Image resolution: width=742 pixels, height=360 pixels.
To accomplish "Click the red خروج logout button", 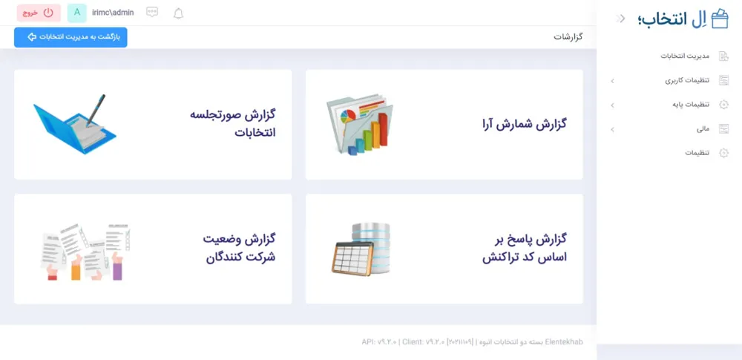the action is pos(39,13).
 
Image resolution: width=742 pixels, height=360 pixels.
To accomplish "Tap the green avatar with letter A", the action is pos(76,13).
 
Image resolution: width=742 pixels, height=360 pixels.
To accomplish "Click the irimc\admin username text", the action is pos(113,13).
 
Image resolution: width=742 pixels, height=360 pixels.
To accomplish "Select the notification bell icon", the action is pos(178,13).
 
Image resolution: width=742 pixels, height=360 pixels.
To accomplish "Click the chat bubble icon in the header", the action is pos(152,13).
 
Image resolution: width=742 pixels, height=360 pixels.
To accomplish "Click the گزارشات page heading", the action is pos(568,37).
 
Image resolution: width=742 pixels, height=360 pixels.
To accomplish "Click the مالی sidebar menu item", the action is pos(703,129).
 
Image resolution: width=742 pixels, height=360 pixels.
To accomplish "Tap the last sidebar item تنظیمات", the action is pos(697,153).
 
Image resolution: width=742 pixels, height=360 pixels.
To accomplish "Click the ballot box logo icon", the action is pos(720,19).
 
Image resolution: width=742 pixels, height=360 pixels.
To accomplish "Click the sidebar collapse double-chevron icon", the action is pos(620,19).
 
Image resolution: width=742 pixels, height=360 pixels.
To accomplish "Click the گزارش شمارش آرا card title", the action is pos(524,125).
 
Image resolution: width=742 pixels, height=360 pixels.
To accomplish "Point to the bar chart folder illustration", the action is pos(360,125).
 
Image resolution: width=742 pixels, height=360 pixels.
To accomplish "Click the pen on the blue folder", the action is pos(96,110).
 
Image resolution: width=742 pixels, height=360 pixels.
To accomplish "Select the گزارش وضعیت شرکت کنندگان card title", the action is pos(240,248).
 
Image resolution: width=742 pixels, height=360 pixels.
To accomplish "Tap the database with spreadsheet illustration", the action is pos(361,249).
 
